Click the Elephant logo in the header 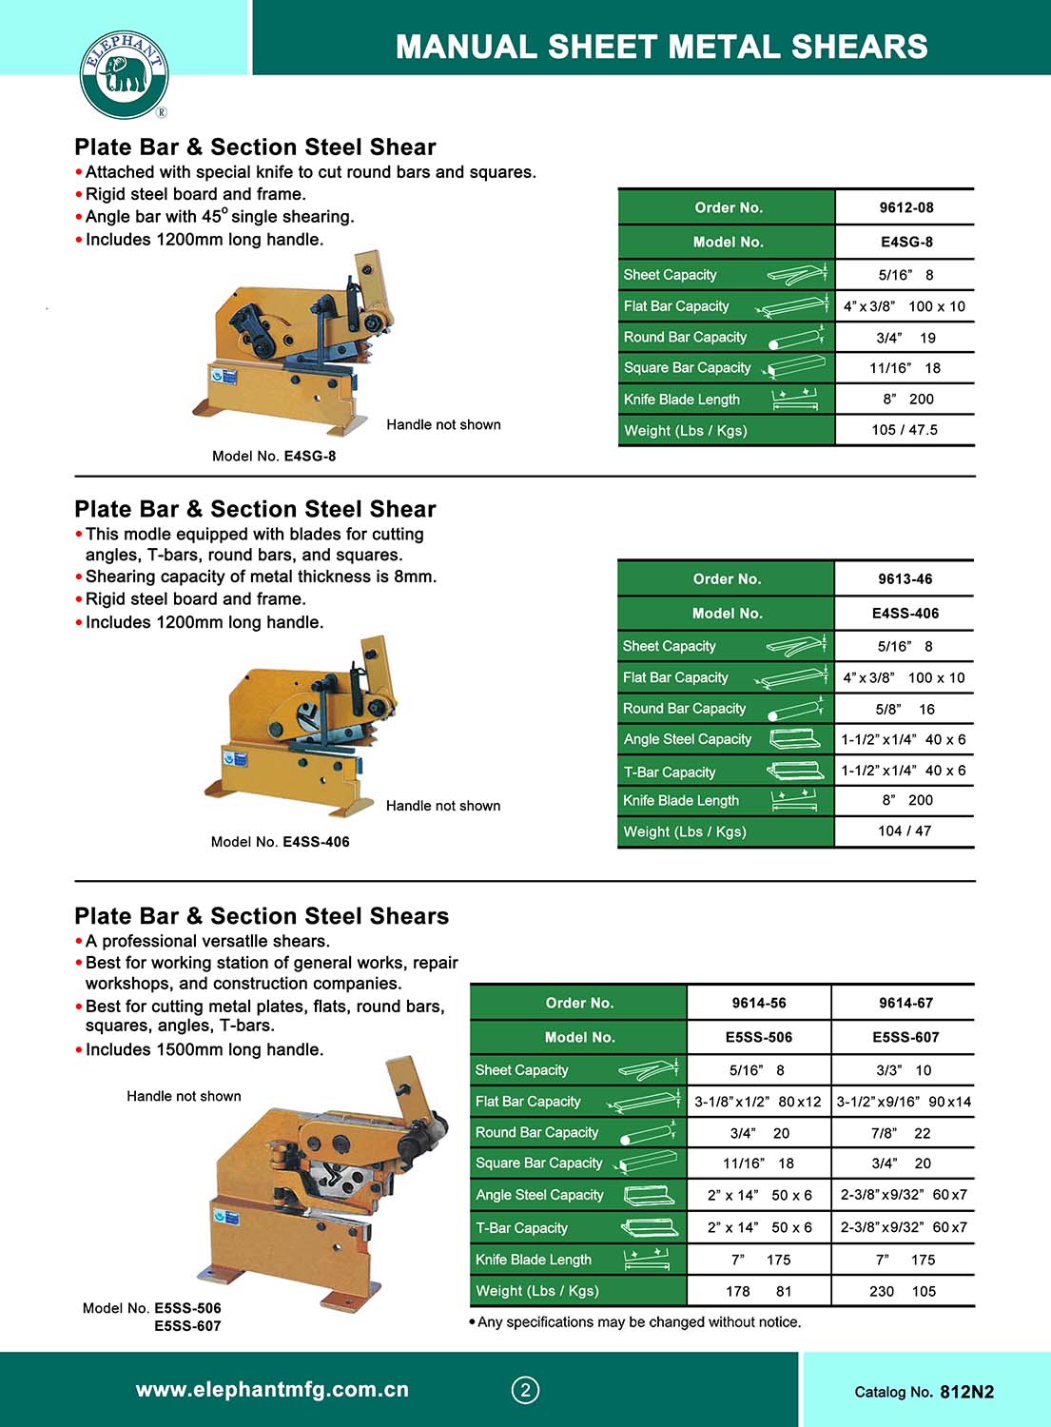tap(124, 75)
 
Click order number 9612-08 tap(905, 207)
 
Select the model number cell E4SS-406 tap(905, 614)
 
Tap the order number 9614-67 tap(905, 1003)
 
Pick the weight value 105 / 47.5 tap(905, 430)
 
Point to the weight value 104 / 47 tap(905, 831)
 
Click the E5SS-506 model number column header tap(759, 1037)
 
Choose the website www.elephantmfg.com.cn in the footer tap(272, 1390)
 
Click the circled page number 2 tap(525, 1390)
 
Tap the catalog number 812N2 tap(966, 1392)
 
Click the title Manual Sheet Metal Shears tap(661, 47)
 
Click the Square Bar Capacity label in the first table tap(687, 368)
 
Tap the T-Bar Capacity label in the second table tap(669, 772)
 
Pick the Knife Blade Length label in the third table tap(534, 1260)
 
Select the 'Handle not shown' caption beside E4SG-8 tap(443, 425)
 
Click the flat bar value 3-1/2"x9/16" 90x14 tap(904, 1102)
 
